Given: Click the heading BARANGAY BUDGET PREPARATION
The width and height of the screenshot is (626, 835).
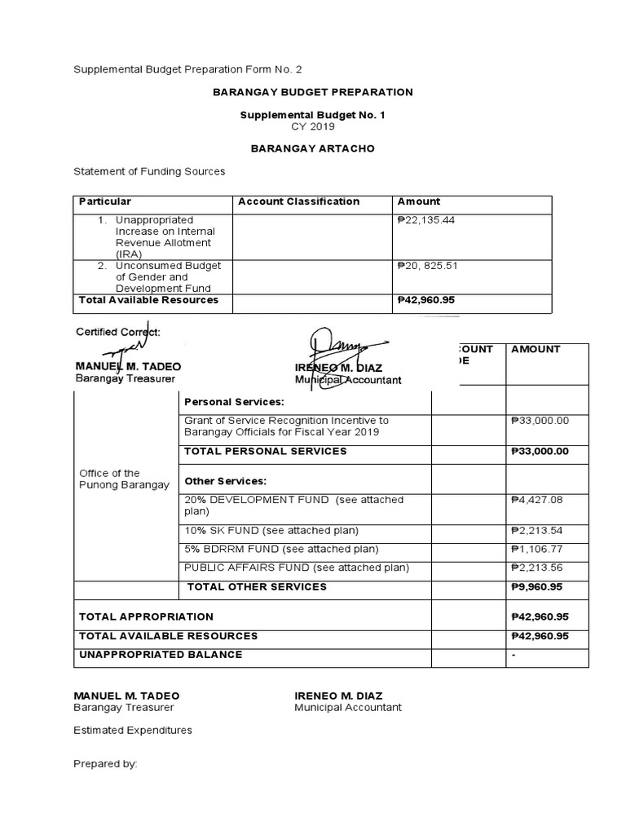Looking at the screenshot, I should coord(313,92).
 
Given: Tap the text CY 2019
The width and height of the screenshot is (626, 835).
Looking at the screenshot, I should coord(313,126).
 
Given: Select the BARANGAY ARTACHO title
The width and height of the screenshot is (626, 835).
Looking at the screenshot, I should coord(313,150).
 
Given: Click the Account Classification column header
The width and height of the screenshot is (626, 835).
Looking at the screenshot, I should coord(298,201).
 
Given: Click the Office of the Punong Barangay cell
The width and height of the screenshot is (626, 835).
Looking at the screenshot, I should coord(124,479).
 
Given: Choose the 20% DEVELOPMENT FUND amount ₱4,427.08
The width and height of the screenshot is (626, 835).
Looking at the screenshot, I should coord(539,500).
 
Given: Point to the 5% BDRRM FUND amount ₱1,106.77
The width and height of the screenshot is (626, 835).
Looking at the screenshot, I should coord(539,549).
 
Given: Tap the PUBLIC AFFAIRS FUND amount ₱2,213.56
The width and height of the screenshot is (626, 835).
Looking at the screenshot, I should coord(539,568).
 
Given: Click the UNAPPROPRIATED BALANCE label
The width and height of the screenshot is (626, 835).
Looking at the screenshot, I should coord(161,655).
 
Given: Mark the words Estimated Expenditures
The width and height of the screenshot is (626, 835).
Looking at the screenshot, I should coord(133,730).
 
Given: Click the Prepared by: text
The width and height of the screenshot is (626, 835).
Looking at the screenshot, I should coord(106,764).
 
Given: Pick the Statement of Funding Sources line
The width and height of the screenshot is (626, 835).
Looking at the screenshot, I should coord(149,171).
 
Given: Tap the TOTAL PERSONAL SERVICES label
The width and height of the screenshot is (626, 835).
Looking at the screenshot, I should coord(266,451).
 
